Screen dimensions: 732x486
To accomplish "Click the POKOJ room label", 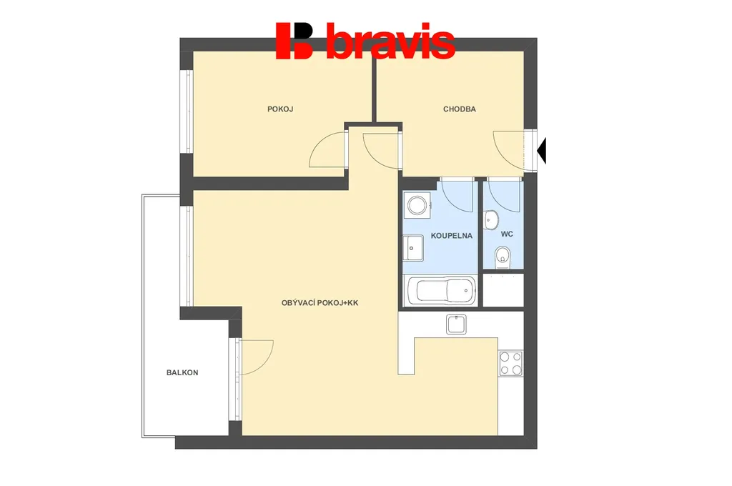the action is tap(280, 109).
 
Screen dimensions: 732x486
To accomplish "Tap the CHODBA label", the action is tap(460, 109).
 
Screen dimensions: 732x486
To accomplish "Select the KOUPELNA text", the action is tap(452, 236).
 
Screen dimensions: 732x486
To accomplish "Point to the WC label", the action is tap(507, 234).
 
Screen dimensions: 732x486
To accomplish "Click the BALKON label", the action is tap(182, 372).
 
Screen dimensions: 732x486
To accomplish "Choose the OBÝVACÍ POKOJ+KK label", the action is tap(320, 303).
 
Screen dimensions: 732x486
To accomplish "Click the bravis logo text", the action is tap(390, 41).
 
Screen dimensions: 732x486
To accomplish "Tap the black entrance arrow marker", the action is tap(542, 151).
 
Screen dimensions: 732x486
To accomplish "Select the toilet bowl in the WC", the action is tap(503, 257).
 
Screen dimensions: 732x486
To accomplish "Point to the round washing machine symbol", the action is tap(417, 205).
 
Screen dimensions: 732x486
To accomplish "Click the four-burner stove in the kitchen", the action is tap(510, 363).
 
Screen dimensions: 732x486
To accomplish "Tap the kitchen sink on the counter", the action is tap(456, 324).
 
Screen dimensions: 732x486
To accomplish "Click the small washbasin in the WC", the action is tap(491, 220).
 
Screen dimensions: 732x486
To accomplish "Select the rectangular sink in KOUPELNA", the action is tap(413, 247).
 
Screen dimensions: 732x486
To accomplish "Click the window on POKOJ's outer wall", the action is tap(189, 111).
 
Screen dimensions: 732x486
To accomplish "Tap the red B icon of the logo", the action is tap(294, 41).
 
